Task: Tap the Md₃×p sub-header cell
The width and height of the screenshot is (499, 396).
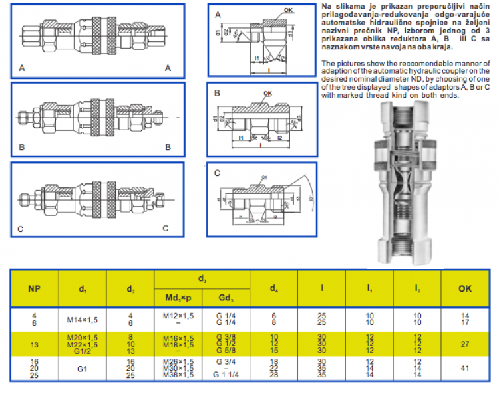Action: (x=178, y=298)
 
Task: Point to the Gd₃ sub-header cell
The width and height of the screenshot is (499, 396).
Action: (x=226, y=298)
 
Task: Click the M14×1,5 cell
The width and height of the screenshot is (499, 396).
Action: (x=83, y=318)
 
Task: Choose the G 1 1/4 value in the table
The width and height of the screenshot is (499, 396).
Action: (x=226, y=375)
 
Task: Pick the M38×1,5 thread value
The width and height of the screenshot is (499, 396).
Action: (x=178, y=375)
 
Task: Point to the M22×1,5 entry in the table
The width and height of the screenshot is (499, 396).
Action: (x=83, y=344)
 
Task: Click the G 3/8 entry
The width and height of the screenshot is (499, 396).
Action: (x=226, y=338)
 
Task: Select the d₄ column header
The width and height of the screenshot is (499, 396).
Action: (x=273, y=290)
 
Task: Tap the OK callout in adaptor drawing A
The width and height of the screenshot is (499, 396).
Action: (x=287, y=11)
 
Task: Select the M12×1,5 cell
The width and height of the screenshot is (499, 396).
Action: (x=178, y=315)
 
